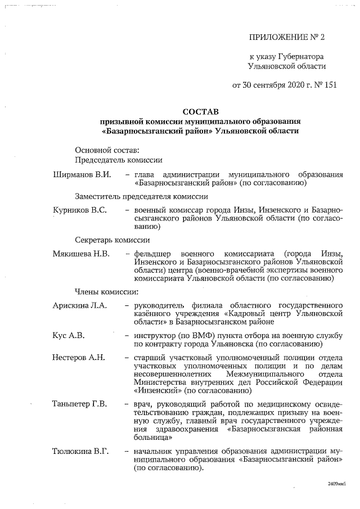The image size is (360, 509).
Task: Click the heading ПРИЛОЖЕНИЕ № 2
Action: point(287,38)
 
